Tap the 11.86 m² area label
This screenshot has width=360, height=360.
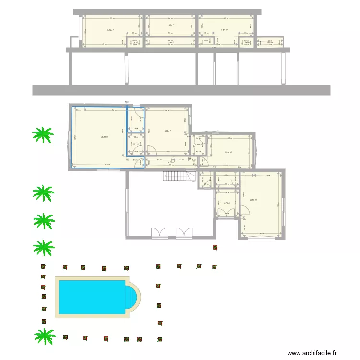click(228, 153)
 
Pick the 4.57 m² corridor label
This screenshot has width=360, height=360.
click(171, 162)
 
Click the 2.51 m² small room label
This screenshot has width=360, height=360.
click(136, 144)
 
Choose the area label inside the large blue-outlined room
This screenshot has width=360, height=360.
click(104, 137)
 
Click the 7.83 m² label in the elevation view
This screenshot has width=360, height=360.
click(170, 25)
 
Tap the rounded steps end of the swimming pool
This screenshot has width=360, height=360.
click(133, 297)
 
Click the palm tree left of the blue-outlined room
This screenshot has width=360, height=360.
click(42, 135)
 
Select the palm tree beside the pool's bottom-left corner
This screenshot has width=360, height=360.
click(44, 336)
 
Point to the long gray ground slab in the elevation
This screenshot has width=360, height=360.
click(181, 90)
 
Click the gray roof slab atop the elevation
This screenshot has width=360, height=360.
click(167, 12)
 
